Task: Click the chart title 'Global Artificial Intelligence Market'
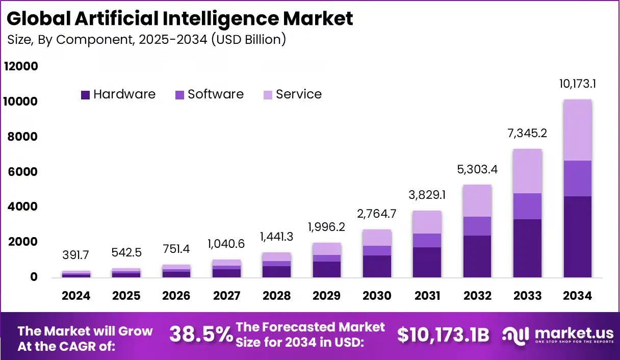[x=179, y=18]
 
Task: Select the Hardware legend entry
[x=118, y=94]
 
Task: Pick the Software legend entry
[x=210, y=94]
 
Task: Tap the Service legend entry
[x=292, y=94]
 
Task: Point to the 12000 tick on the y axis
[x=21, y=67]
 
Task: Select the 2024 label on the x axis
[x=75, y=296]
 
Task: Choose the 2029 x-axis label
[x=327, y=296]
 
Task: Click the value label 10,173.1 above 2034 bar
[x=578, y=84]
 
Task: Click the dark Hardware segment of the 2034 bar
[x=578, y=237]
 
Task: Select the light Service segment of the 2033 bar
[x=527, y=171]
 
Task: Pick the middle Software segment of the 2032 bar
[x=477, y=226]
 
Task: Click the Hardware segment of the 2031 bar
[x=427, y=262]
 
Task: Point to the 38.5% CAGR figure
[x=201, y=335]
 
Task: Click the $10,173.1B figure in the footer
[x=443, y=335]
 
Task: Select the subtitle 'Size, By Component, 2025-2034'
[x=146, y=40]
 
